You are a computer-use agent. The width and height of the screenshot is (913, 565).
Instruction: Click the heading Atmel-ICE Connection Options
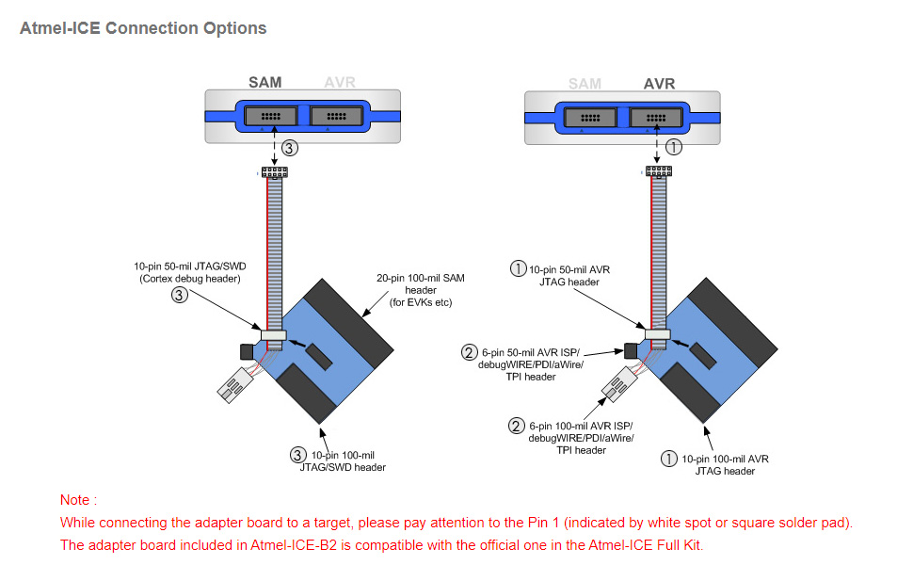coord(143,28)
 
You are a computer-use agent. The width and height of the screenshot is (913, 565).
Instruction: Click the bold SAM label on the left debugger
coord(264,82)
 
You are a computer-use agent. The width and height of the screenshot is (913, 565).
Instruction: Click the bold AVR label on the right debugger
coord(659,83)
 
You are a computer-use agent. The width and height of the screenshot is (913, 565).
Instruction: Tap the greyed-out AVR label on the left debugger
coord(339,82)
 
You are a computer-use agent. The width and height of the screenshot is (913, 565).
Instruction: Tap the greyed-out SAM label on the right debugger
coord(585,83)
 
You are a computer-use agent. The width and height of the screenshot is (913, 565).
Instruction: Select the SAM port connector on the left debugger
coord(271,116)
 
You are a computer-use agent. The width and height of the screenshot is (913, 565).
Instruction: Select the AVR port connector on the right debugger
coord(655,117)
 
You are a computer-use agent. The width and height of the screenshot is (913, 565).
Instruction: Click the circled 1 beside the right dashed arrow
coord(674,146)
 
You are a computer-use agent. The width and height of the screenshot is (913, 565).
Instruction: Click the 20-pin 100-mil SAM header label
coord(421,290)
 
